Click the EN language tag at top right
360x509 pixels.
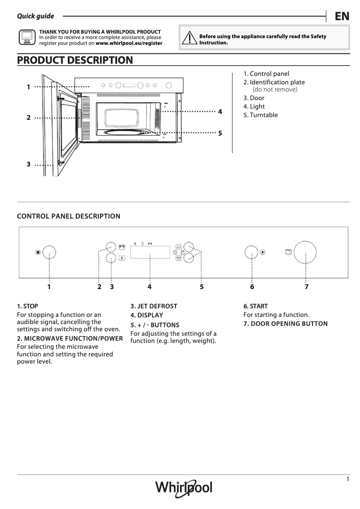(x=342, y=16)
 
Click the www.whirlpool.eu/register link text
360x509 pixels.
(x=129, y=44)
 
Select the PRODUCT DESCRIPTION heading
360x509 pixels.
(x=75, y=60)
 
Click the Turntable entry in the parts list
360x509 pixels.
(x=260, y=115)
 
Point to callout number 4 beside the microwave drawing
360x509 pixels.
(x=220, y=111)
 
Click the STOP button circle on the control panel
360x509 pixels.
(x=49, y=252)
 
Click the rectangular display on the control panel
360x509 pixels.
(x=149, y=252)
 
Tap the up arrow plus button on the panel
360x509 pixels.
(x=179, y=246)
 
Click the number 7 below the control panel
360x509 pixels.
(x=307, y=286)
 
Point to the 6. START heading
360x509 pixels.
(x=255, y=306)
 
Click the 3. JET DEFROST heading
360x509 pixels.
(x=154, y=306)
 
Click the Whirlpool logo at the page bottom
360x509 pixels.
(x=184, y=487)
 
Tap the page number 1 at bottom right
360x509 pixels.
(x=348, y=479)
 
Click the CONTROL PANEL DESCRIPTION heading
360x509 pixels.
(x=68, y=216)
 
